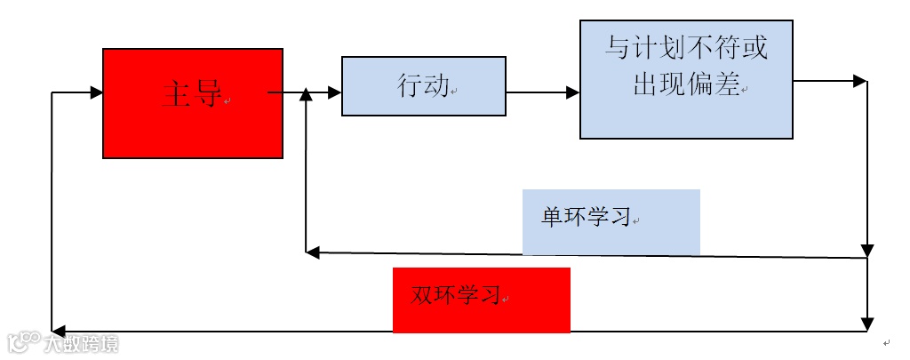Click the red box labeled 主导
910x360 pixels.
tap(193, 103)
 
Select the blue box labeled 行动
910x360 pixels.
tap(423, 86)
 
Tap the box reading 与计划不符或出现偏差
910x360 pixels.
tap(686, 79)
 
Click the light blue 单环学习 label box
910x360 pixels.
tap(611, 221)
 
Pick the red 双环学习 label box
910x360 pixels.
tap(481, 300)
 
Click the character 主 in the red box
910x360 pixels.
tap(177, 94)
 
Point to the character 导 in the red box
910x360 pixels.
tap(207, 94)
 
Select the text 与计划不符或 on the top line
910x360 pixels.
tap(686, 48)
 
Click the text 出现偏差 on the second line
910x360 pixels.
tap(686, 84)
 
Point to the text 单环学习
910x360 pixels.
tap(585, 218)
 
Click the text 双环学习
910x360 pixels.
tap(455, 296)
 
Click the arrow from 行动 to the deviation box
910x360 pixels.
tap(542, 91)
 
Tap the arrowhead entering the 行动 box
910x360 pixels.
tap(335, 91)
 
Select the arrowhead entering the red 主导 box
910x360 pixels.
tap(97, 91)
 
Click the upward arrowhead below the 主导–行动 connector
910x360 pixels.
tap(306, 94)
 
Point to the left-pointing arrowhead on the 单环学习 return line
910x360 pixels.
tap(313, 252)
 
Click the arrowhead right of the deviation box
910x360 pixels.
tap(859, 81)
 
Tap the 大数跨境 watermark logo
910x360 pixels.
tap(62, 341)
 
